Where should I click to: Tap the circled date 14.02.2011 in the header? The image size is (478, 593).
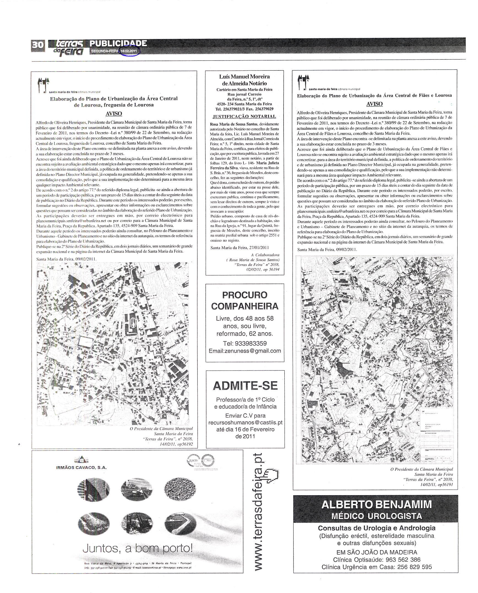pyautogui.click(x=130, y=51)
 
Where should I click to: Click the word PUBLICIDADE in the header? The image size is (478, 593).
pyautogui.click(x=118, y=43)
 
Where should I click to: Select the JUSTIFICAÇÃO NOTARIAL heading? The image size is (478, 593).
pyautogui.click(x=245, y=116)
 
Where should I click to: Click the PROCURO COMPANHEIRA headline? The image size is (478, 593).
pyautogui.click(x=245, y=300)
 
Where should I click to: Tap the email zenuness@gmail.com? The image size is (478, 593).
pyautogui.click(x=245, y=351)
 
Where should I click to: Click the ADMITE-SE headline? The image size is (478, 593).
pyautogui.click(x=245, y=386)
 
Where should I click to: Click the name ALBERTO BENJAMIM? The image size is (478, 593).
pyautogui.click(x=376, y=505)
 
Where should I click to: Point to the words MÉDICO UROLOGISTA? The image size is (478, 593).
pyautogui.click(x=376, y=516)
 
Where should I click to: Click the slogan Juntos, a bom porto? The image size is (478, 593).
pyautogui.click(x=138, y=549)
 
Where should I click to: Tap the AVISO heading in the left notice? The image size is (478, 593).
pyautogui.click(x=114, y=114)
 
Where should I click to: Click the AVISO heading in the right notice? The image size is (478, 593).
pyautogui.click(x=374, y=104)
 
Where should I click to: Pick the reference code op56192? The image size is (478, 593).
pyautogui.click(x=185, y=451)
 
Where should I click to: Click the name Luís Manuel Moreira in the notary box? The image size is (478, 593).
pyautogui.click(x=245, y=77)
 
